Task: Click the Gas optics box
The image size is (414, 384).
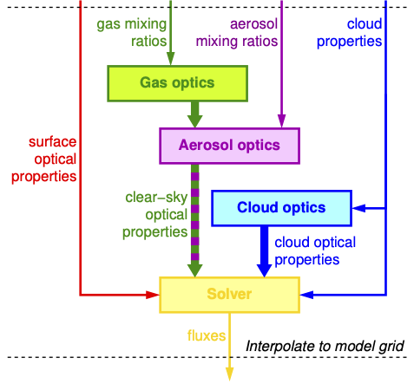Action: click(x=177, y=83)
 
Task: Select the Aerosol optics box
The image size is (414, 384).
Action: click(x=229, y=146)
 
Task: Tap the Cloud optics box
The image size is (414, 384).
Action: click(x=281, y=208)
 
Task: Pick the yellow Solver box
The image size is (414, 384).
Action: click(x=229, y=295)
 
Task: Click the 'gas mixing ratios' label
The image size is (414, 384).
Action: click(x=132, y=32)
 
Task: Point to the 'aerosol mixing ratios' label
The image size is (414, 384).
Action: click(x=237, y=32)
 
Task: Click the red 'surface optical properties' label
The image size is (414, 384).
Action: click(x=44, y=159)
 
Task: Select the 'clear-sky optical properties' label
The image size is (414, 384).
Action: click(x=155, y=214)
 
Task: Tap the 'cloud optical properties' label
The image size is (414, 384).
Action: click(x=315, y=251)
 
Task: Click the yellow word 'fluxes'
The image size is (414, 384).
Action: click(x=207, y=335)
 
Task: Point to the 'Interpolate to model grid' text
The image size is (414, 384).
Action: click(x=325, y=346)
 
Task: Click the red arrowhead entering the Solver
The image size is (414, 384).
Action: click(x=153, y=295)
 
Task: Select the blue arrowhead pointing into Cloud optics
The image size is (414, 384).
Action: click(x=358, y=208)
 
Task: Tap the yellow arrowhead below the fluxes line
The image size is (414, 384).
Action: click(x=229, y=374)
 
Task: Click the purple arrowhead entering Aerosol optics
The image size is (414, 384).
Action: click(x=281, y=121)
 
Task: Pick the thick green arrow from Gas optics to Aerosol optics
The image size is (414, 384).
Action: click(x=195, y=114)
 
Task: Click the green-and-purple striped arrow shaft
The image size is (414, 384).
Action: click(x=195, y=214)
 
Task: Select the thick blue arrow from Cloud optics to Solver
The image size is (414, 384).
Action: click(x=264, y=251)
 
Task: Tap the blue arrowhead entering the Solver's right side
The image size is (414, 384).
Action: click(x=307, y=295)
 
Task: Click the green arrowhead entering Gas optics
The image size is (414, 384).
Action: click(x=171, y=59)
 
